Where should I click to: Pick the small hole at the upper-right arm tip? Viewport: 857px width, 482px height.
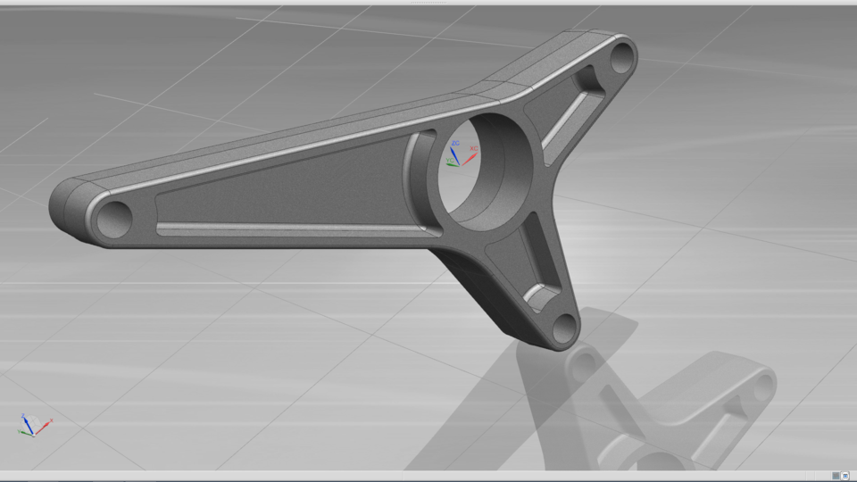tap(621, 58)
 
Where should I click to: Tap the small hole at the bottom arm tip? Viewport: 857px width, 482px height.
tap(564, 328)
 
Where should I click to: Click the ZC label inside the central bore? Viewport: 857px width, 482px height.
tap(455, 143)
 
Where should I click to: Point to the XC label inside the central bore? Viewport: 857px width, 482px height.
tap(474, 149)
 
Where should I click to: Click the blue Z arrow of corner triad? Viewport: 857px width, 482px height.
tap(26, 420)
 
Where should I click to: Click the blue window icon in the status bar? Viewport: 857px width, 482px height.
tap(845, 476)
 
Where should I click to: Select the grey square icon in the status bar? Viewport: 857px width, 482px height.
tap(835, 476)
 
